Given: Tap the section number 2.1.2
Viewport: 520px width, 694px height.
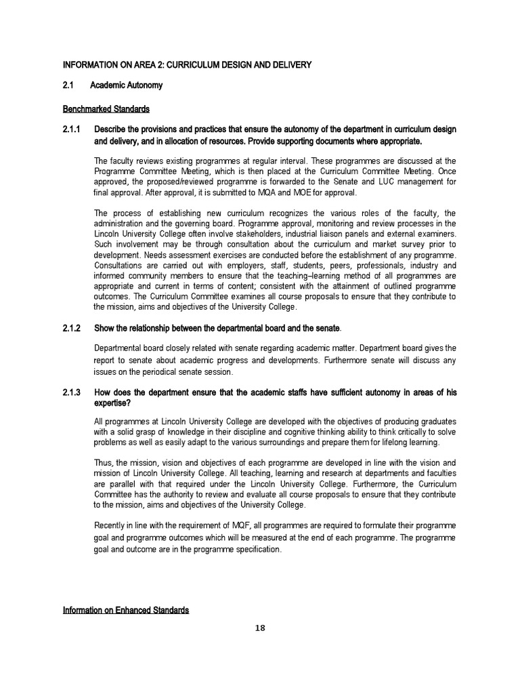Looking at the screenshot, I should [71, 328].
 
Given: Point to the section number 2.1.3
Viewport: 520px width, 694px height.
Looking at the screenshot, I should [71, 392].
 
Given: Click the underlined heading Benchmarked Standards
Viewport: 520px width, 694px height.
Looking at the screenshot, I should [106, 108].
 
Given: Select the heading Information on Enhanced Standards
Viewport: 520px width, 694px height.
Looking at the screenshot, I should [125, 610].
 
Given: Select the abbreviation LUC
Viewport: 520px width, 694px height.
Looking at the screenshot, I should [366, 182].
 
